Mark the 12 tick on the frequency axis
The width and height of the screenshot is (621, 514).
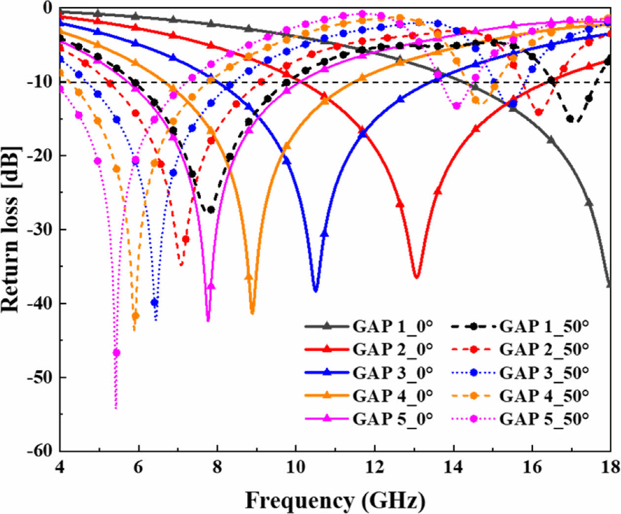click(x=375, y=467)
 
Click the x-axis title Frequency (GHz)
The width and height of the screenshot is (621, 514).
click(x=335, y=501)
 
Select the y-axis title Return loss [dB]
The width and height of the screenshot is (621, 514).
click(x=11, y=229)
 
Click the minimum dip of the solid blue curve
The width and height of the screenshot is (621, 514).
click(x=315, y=291)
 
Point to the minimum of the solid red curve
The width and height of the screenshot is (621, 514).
click(x=416, y=277)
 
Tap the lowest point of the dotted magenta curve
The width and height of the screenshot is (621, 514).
click(x=116, y=408)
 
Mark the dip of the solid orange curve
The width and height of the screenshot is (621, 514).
click(x=252, y=313)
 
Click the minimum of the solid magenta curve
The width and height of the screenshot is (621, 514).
click(x=208, y=321)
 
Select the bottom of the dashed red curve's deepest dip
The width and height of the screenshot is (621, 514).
click(x=181, y=266)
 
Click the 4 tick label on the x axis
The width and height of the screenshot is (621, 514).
click(x=60, y=467)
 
